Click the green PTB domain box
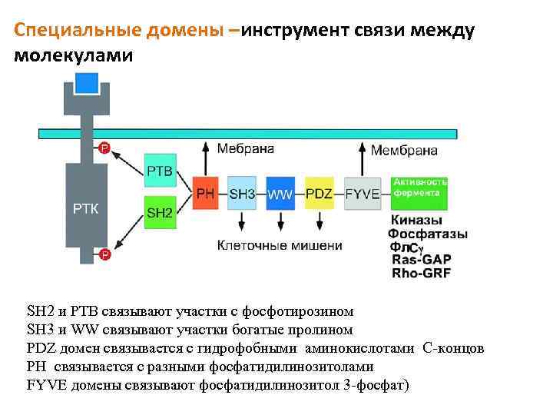pyautogui.click(x=160, y=170)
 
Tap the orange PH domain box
pyautogui.click(x=205, y=194)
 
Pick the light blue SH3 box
pyautogui.click(x=242, y=194)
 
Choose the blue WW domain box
pyautogui.click(x=280, y=194)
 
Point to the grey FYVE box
pyautogui.click(x=363, y=194)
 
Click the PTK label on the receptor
pyautogui.click(x=85, y=207)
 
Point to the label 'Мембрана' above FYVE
pyautogui.click(x=404, y=151)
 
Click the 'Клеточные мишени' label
pyautogui.click(x=280, y=246)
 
